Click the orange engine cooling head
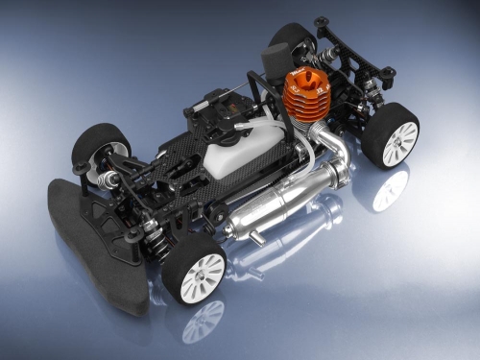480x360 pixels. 304,92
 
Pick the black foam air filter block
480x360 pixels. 287,44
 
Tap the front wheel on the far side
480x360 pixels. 102,149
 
